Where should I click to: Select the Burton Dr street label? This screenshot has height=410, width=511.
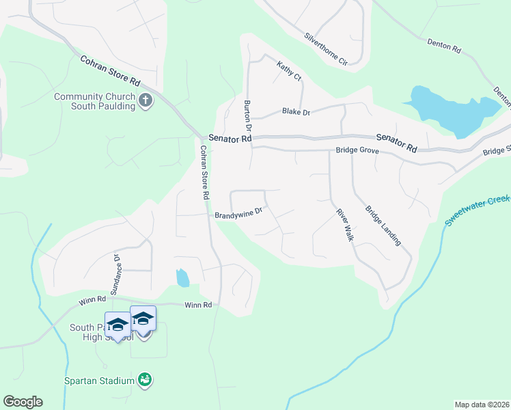[248, 115]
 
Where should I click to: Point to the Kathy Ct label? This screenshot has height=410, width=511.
[289, 71]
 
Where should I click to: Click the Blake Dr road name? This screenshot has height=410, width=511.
[296, 111]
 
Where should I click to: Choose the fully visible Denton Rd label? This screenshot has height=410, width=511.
[445, 46]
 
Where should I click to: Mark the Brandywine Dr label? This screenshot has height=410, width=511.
[238, 214]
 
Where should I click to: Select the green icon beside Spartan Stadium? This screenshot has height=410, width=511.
[144, 379]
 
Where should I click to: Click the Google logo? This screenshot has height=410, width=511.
[23, 402]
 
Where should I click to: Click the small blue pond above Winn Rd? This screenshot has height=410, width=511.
[182, 277]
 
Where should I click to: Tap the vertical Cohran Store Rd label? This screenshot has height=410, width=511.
[204, 172]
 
